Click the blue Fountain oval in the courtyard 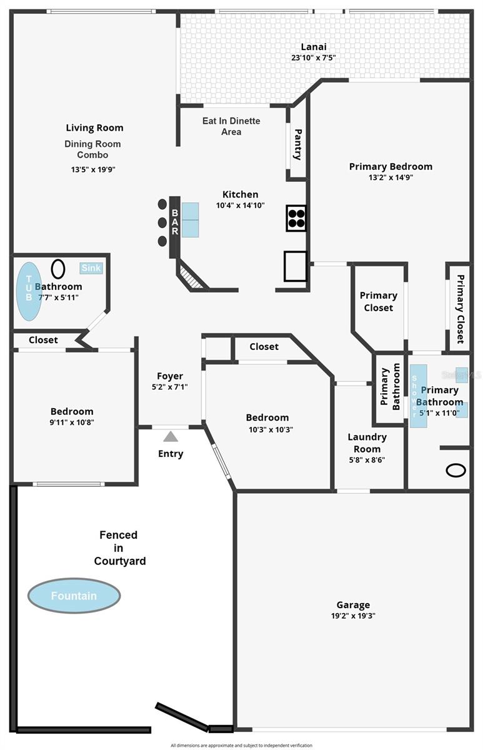[74, 595]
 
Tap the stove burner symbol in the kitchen [296, 218]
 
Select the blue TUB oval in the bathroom [29, 291]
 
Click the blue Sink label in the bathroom [91, 268]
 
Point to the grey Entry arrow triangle [171, 436]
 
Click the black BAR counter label [174, 222]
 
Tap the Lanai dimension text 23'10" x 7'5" [314, 58]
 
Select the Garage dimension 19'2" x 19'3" [353, 616]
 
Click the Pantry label [297, 144]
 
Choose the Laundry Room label [367, 442]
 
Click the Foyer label [170, 376]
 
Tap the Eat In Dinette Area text [231, 126]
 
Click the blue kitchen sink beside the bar [190, 219]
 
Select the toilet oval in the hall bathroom [57, 269]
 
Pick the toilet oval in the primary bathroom [456, 470]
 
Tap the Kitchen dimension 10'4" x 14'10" [241, 205]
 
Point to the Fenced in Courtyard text [119, 548]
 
